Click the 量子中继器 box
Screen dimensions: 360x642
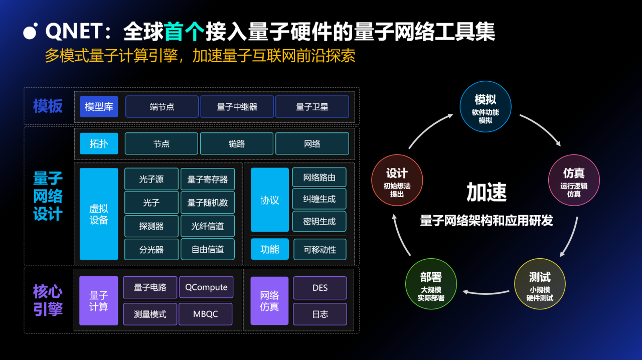[x=237, y=107]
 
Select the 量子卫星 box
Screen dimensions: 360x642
[x=312, y=107]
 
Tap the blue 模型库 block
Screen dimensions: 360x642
[x=99, y=107]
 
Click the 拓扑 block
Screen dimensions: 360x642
[x=99, y=144]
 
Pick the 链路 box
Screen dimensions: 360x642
[x=237, y=144]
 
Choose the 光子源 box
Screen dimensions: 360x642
[x=151, y=179]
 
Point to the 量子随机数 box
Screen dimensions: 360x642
[x=208, y=203]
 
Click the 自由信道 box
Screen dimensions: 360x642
[x=208, y=249]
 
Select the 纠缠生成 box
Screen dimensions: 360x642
[x=319, y=199]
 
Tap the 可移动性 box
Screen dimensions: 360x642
[x=319, y=250]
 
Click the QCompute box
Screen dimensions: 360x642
[x=206, y=287]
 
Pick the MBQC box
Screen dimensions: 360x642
[x=206, y=314]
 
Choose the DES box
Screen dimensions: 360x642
[x=320, y=288]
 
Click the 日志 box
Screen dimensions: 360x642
[x=320, y=314]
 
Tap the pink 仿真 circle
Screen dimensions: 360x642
[x=574, y=180]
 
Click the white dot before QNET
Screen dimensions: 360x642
[x=31, y=32]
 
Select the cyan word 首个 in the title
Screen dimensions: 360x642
[x=184, y=32]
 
